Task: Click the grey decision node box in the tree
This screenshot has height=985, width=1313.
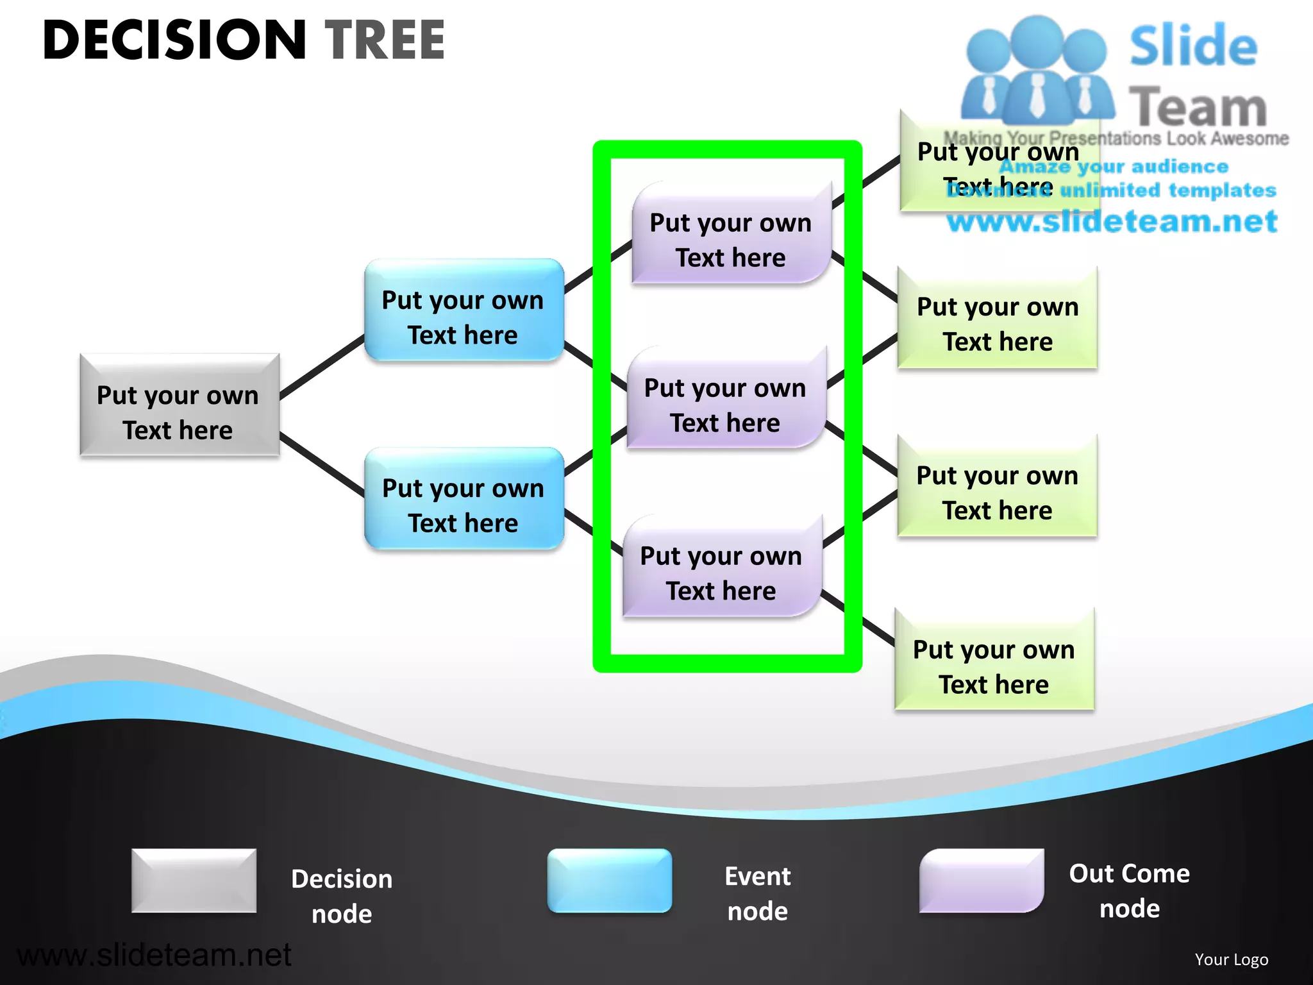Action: click(180, 405)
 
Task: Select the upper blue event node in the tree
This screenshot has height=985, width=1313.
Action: click(464, 310)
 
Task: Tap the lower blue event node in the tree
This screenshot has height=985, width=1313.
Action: click(464, 498)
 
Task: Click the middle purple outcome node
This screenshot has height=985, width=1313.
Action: click(726, 398)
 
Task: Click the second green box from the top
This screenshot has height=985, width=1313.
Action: click(998, 317)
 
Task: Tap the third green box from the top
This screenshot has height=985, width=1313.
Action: click(998, 486)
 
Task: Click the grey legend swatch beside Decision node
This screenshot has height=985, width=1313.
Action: click(194, 880)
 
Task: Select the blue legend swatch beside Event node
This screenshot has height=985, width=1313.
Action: click(609, 880)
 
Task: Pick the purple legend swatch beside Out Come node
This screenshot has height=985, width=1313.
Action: click(981, 880)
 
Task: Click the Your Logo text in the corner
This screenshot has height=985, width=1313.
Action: click(1231, 959)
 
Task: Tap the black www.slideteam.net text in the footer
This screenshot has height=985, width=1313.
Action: click(154, 955)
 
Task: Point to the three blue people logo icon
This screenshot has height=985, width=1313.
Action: click(1037, 71)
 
